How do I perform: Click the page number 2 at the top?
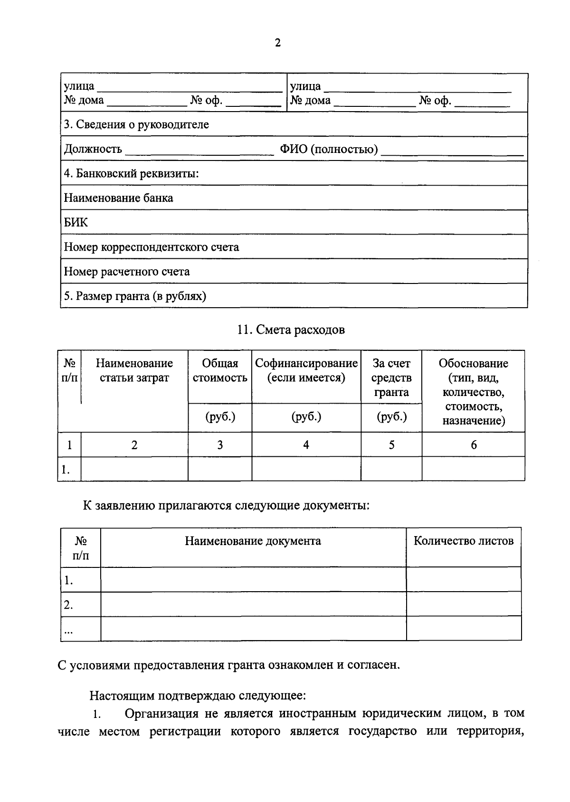[278, 43]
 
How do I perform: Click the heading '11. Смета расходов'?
[291, 330]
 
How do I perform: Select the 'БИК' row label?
[76, 222]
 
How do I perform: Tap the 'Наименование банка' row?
[118, 198]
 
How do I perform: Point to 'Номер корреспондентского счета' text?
[151, 247]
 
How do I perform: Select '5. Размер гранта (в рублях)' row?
[135, 296]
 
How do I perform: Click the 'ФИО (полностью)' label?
[329, 150]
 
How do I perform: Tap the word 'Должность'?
[93, 150]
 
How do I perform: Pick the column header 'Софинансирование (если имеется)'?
[306, 370]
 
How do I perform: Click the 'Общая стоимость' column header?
[220, 370]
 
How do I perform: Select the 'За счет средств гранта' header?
[391, 377]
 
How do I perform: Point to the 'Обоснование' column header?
[473, 363]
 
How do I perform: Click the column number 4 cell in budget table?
[306, 445]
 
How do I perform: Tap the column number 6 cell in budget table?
[474, 445]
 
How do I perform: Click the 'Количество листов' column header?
[463, 541]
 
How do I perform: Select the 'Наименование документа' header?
[253, 541]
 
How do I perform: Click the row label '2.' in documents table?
[68, 605]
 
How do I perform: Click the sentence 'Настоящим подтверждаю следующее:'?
[198, 696]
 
